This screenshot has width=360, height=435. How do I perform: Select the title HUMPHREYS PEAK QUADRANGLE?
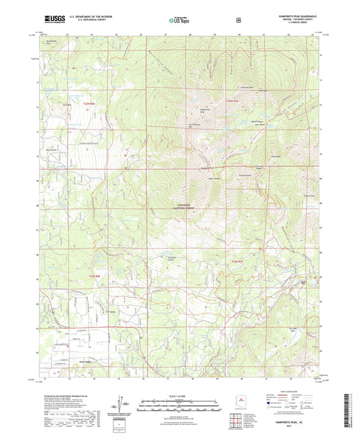click(x=284, y=15)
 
